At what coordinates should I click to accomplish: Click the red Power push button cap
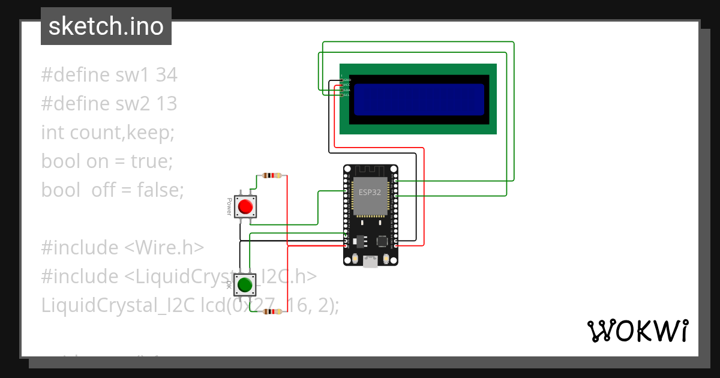coord(245,207)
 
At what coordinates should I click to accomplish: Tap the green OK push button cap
coord(244,284)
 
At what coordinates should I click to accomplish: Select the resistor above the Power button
coord(272,176)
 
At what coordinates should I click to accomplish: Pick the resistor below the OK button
coord(272,312)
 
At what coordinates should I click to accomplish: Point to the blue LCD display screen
coord(419,99)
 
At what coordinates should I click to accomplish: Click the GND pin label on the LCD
coord(347,80)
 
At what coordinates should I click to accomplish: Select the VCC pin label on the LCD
coord(347,85)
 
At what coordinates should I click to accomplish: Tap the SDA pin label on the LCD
coord(347,90)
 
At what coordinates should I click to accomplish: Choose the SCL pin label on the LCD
coord(347,95)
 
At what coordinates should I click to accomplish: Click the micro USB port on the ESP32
coord(370,262)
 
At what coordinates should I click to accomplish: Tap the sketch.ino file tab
coord(106,26)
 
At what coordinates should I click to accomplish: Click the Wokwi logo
coord(637,331)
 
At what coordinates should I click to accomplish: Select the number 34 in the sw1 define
coord(166,75)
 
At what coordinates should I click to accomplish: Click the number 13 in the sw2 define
coord(166,104)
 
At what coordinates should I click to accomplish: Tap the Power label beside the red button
coord(229,207)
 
